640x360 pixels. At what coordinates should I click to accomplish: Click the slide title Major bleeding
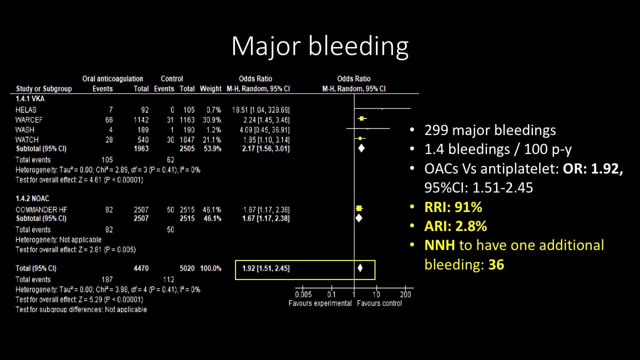point(319,46)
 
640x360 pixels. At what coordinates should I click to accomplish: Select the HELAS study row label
point(26,109)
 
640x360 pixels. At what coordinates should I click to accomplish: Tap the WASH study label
point(24,129)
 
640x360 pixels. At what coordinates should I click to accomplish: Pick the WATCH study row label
point(26,139)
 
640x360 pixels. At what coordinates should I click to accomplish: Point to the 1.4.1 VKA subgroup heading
point(29,99)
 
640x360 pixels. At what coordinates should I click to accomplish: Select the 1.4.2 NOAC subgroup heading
point(32,198)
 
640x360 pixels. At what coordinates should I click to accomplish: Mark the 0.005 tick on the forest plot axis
point(303,294)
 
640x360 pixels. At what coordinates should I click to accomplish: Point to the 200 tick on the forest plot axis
point(405,294)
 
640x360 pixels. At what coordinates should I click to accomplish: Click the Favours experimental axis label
point(320,303)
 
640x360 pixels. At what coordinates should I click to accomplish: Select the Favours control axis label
point(379,303)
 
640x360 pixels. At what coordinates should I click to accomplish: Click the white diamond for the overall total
point(360,268)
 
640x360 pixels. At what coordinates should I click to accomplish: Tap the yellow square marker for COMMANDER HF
point(358,208)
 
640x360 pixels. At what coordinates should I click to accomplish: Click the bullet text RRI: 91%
point(453,207)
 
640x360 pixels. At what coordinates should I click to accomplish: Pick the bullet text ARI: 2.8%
point(455,226)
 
